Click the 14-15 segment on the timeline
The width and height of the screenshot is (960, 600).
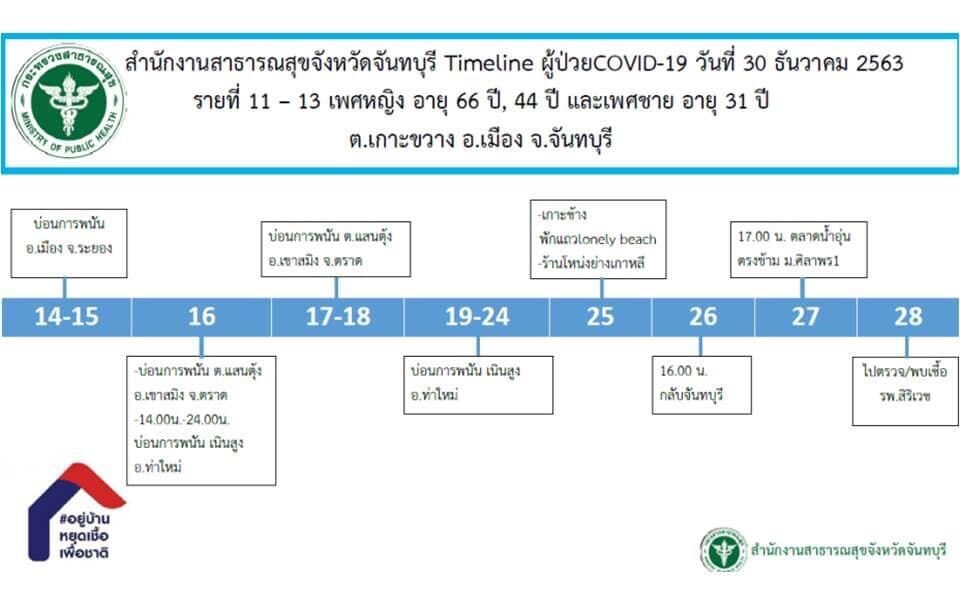(66, 317)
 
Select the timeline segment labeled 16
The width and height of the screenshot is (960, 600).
(201, 317)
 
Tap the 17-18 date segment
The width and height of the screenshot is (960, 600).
(337, 317)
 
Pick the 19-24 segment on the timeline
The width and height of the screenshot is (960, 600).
(477, 317)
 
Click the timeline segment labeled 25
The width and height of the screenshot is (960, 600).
(601, 317)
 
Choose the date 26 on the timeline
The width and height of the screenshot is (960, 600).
(703, 317)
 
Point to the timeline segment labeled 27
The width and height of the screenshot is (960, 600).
(806, 317)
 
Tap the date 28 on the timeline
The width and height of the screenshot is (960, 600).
(908, 317)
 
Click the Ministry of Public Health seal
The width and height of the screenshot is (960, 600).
(68, 101)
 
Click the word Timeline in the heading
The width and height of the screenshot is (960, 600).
(489, 63)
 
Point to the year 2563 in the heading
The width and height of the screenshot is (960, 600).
(879, 63)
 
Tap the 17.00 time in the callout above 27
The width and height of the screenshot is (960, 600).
(754, 236)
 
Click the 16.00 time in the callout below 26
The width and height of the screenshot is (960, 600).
(676, 370)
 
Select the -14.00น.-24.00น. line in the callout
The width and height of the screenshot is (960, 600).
(182, 419)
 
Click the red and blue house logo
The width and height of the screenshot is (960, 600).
(77, 512)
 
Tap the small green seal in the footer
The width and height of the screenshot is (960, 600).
(724, 550)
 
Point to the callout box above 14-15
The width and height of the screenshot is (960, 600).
(69, 243)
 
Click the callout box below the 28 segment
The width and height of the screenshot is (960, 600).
(905, 391)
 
